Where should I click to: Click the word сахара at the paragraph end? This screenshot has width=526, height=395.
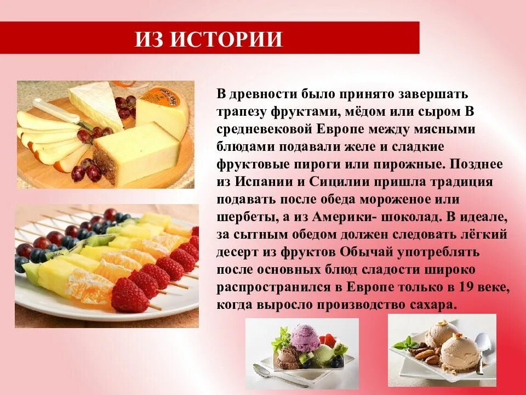[427, 306]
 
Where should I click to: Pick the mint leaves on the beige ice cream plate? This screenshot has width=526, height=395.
[406, 345]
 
